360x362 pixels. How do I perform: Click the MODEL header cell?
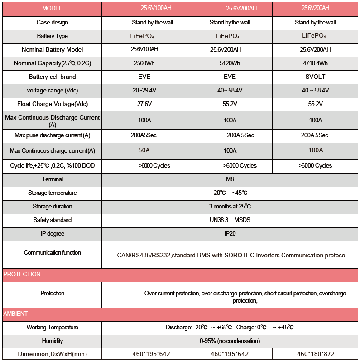point(52,9)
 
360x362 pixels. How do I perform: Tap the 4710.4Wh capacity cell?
point(315,63)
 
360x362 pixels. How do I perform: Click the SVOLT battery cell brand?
point(315,77)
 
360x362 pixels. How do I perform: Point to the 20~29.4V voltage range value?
point(144,91)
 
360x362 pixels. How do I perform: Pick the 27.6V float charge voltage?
point(144,104)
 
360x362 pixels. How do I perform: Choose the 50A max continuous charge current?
point(144,150)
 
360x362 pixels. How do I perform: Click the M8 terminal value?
point(230,179)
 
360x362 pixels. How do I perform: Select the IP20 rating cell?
point(230,234)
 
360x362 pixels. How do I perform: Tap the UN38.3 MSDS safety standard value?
point(230,220)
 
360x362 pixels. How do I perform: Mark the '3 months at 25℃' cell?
point(230,207)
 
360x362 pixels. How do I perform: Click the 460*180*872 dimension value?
point(316,354)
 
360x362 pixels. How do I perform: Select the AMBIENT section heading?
point(16,314)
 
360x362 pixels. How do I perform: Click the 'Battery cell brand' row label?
point(52,77)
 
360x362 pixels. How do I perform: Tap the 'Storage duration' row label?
point(52,207)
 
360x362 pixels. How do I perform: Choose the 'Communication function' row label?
point(52,252)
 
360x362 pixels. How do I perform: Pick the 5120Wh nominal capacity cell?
point(230,63)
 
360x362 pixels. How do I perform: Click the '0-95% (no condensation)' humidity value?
point(230,341)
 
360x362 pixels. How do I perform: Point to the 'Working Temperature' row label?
point(52,327)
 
